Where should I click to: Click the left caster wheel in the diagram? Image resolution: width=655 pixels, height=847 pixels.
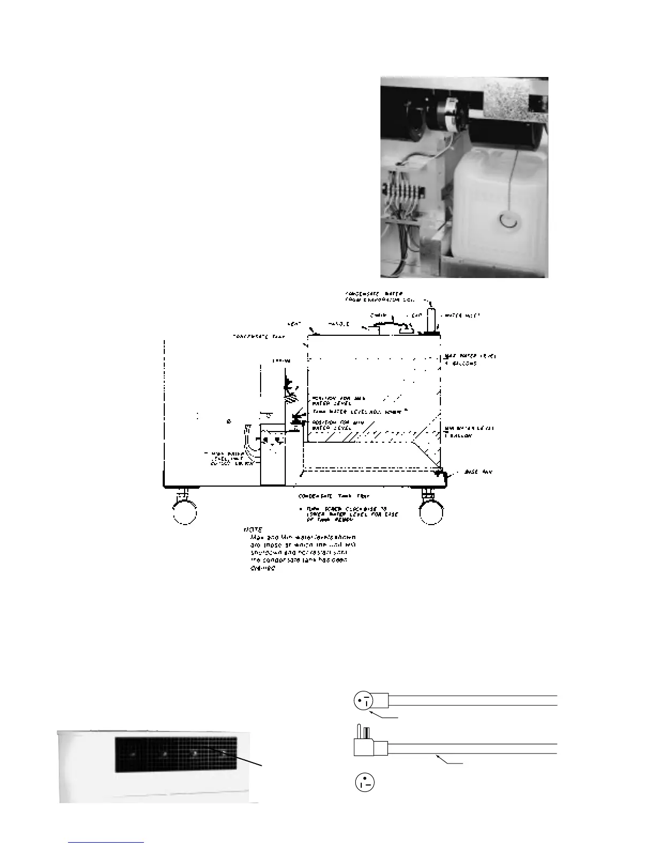click(x=185, y=512)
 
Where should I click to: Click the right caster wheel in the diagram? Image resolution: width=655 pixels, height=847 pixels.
click(x=431, y=513)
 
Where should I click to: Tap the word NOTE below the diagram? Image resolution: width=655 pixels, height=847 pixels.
click(x=253, y=529)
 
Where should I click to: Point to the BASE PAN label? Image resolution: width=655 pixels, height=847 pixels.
click(x=478, y=472)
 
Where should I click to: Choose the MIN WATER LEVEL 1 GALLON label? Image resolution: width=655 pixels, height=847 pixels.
click(x=469, y=432)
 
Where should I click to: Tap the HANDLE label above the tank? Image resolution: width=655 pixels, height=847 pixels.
click(x=338, y=324)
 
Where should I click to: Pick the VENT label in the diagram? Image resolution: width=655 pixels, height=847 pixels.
click(x=294, y=324)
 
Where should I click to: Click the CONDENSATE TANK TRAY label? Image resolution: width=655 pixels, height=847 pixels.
click(x=333, y=496)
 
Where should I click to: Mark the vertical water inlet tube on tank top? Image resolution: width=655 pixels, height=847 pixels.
click(x=431, y=320)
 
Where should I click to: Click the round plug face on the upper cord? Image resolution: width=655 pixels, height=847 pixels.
click(x=363, y=700)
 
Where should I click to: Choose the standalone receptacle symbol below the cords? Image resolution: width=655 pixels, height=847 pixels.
click(x=364, y=783)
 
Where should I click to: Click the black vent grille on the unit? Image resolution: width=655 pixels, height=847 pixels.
click(x=176, y=754)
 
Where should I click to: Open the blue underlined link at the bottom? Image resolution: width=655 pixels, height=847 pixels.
click(x=106, y=842)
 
